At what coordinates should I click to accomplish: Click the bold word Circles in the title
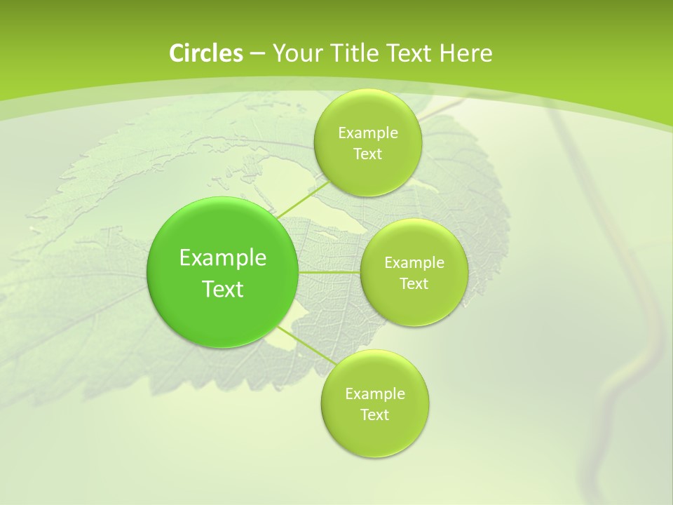pos(206,53)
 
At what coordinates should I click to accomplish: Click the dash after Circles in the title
pos(257,54)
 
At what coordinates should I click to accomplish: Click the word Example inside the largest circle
pos(223,258)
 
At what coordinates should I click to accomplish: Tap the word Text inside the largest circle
pos(223,289)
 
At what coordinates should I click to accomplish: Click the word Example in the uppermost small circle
pos(367,133)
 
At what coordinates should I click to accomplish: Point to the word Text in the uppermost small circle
pos(367,154)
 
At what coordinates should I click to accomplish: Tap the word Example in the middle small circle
pos(414,263)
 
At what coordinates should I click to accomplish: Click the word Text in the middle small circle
pos(414,284)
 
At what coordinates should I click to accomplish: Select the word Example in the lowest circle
pos(374,394)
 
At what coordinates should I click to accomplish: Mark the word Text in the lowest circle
pos(374,415)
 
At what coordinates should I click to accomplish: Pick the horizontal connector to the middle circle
pos(329,272)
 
